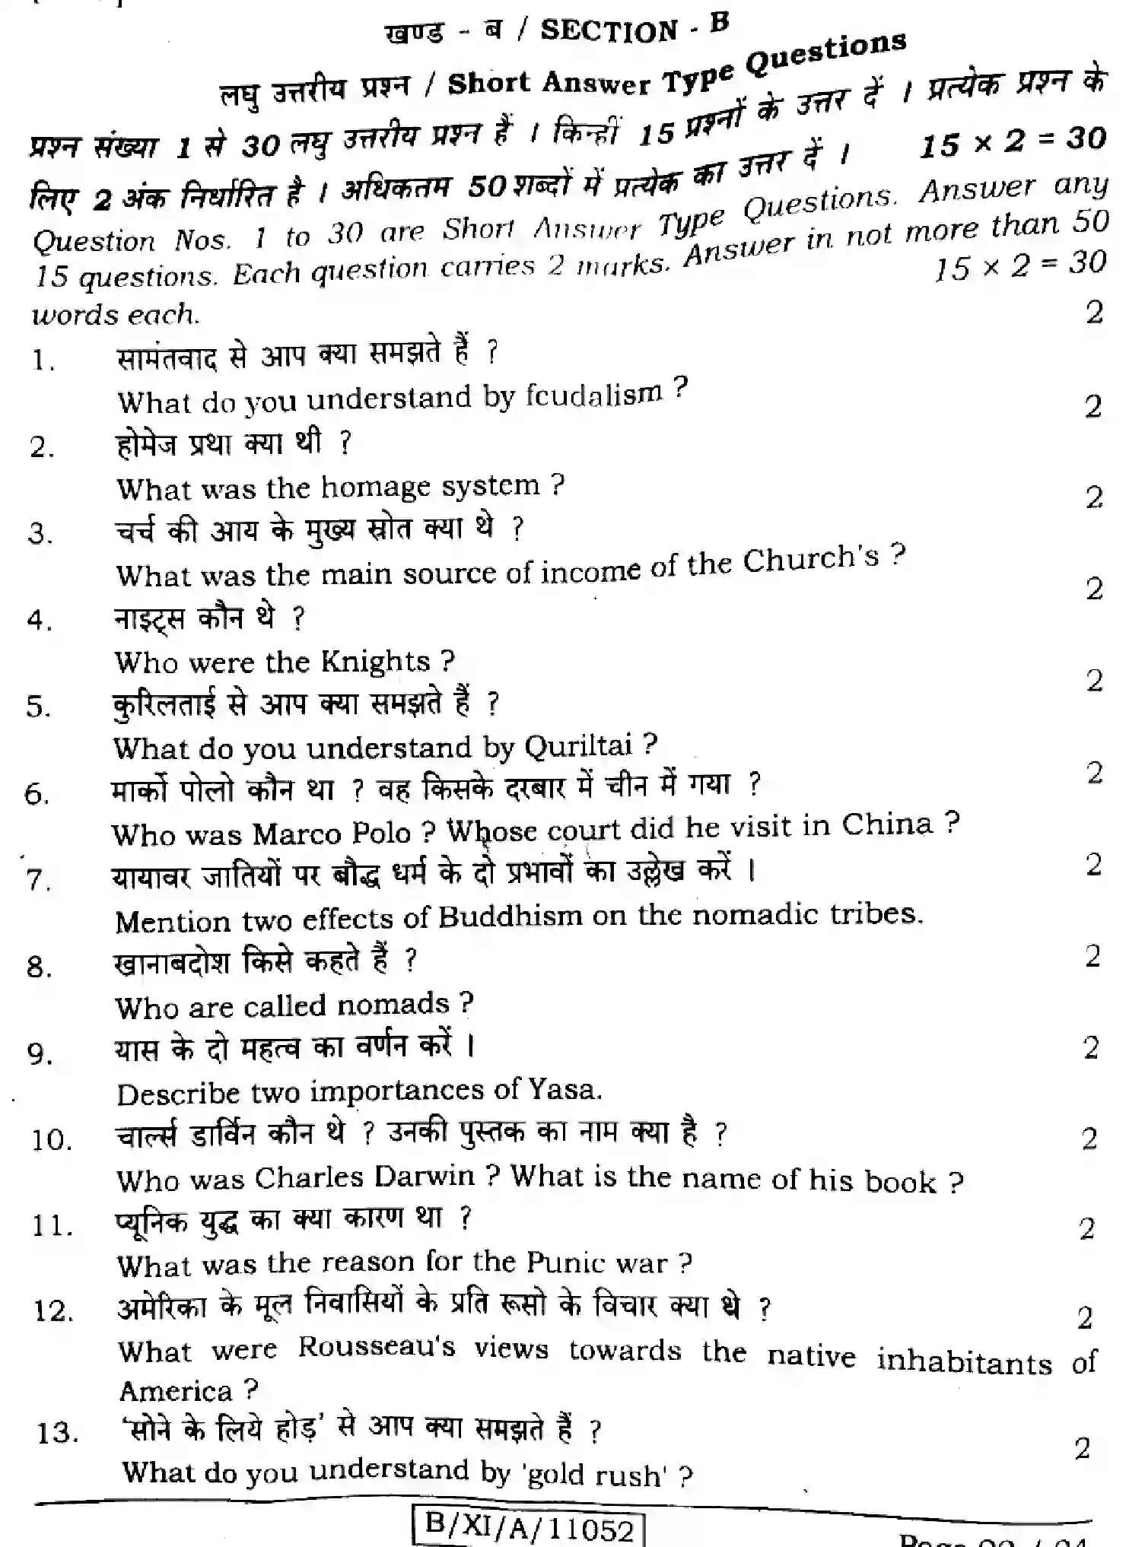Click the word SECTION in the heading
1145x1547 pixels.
click(609, 30)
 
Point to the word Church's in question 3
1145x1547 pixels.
click(811, 560)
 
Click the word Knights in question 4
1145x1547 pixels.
click(375, 662)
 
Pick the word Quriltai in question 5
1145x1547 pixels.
click(578, 746)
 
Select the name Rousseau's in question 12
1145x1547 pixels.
click(377, 1348)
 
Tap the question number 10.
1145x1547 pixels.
click(51, 1140)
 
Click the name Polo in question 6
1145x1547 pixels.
click(380, 834)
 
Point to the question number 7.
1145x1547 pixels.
click(38, 880)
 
